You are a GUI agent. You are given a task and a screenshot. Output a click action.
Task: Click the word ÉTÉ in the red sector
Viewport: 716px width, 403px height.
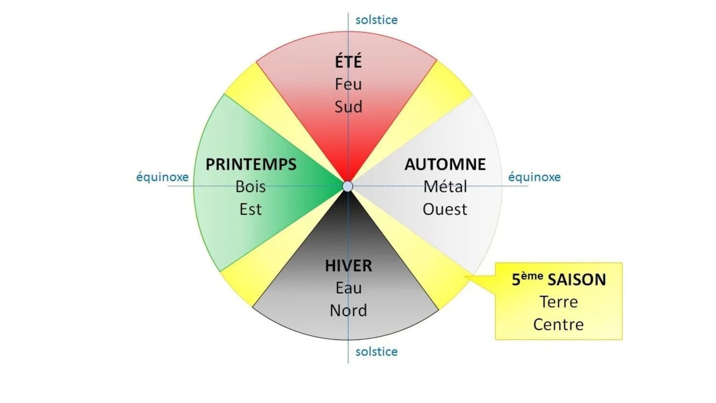tap(348, 62)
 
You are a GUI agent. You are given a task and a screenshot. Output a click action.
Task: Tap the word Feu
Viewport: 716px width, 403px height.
tap(348, 84)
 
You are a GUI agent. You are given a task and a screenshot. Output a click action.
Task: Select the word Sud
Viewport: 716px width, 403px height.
tap(348, 106)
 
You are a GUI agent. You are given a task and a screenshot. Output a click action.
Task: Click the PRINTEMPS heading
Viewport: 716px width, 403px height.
tap(251, 164)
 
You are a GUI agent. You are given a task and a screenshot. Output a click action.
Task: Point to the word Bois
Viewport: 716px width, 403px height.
tap(251, 187)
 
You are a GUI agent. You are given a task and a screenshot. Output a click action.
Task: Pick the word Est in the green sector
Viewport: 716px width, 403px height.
tap(251, 209)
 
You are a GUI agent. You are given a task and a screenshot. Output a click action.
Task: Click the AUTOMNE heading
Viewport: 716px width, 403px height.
tap(445, 164)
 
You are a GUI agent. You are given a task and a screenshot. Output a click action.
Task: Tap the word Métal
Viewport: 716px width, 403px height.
tap(445, 187)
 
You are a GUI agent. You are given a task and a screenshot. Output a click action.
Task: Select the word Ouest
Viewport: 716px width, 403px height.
tap(445, 209)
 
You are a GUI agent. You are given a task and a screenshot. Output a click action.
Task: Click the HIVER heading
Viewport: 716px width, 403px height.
tap(348, 265)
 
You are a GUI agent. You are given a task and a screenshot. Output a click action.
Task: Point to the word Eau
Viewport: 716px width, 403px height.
tap(348, 288)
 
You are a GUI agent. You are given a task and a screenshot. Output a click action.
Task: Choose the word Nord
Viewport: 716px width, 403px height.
tap(348, 310)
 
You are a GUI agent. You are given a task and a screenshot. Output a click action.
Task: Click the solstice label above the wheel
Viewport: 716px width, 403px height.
tap(377, 20)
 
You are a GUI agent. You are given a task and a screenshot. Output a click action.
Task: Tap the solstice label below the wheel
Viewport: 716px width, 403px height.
tap(377, 351)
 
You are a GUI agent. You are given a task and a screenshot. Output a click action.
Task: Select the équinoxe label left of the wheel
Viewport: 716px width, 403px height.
tap(162, 177)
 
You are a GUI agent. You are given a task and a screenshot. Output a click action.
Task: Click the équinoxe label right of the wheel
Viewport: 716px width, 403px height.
tap(534, 177)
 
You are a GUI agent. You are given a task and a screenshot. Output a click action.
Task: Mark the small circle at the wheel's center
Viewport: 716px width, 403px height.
tap(348, 186)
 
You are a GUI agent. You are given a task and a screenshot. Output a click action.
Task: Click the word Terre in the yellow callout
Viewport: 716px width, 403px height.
tap(558, 302)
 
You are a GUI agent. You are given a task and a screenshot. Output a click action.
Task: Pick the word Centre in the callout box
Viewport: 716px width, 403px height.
tap(558, 324)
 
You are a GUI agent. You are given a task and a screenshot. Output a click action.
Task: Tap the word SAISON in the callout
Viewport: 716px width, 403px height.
tap(577, 279)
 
